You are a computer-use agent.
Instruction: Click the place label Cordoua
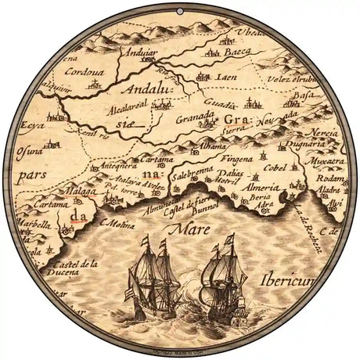pos(87,69)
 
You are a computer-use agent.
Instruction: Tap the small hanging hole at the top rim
pos(180,9)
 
